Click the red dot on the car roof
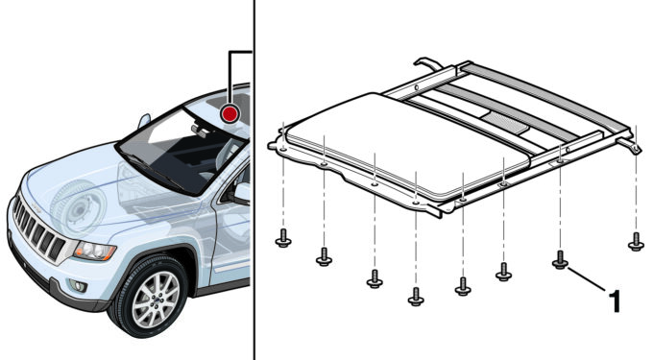coord(230,113)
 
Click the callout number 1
coord(615,300)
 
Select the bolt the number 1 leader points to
coord(560,259)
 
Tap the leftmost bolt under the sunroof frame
coord(283,238)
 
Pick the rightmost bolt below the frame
coord(636,242)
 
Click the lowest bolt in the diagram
coord(416,297)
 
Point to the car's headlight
coord(94,252)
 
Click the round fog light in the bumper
coord(78,286)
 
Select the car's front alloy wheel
coord(152,295)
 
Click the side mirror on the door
coord(241,194)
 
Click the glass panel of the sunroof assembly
coord(408,145)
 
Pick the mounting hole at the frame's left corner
coord(282,149)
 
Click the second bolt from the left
coord(324,256)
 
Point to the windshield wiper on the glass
coord(152,171)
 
